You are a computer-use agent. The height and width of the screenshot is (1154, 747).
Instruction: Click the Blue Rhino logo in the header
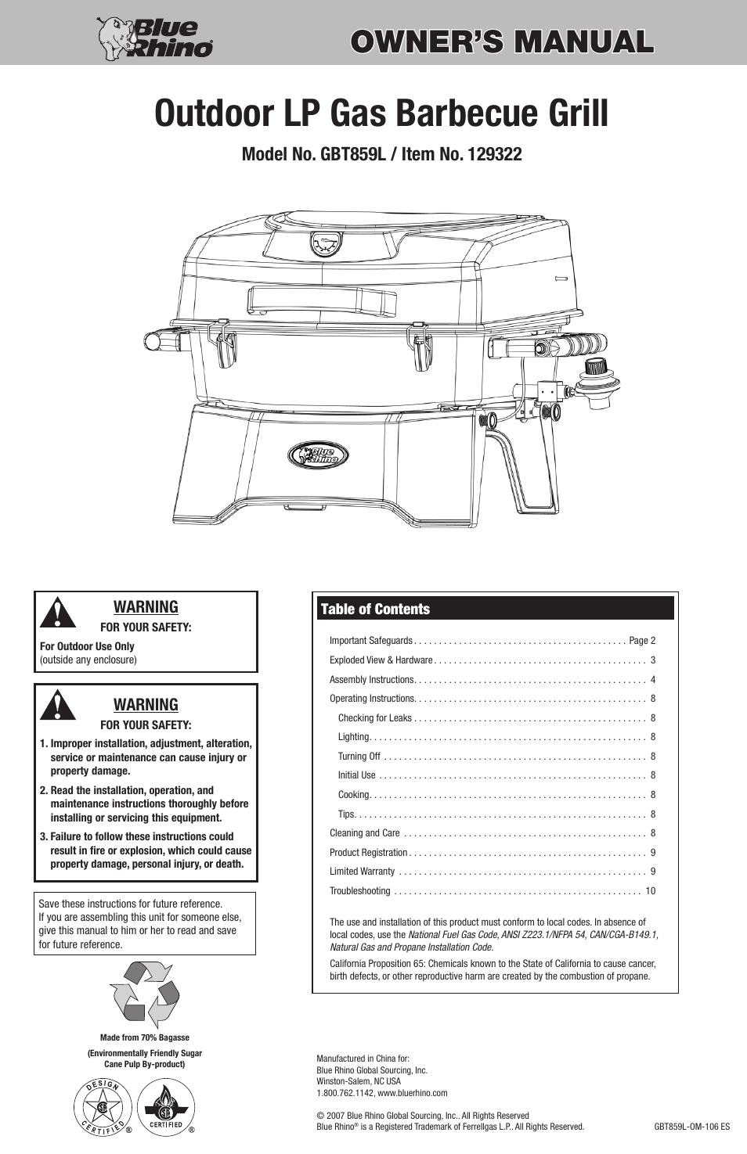point(155,38)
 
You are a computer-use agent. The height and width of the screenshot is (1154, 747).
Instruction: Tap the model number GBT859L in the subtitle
point(351,154)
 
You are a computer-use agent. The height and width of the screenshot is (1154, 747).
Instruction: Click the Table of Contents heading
point(375,609)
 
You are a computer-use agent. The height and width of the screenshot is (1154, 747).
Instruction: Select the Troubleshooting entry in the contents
point(360,890)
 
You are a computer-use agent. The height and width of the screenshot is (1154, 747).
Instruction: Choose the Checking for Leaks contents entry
point(374,717)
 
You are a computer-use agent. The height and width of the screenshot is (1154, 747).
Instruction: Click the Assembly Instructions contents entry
point(371,679)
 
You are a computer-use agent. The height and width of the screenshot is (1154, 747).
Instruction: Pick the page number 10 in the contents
point(650,890)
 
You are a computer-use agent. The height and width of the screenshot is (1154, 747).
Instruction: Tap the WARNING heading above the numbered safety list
point(146,704)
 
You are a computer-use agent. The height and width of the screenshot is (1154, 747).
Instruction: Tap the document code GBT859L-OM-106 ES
point(691,1127)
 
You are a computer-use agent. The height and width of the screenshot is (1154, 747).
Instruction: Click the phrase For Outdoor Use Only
point(87,646)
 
